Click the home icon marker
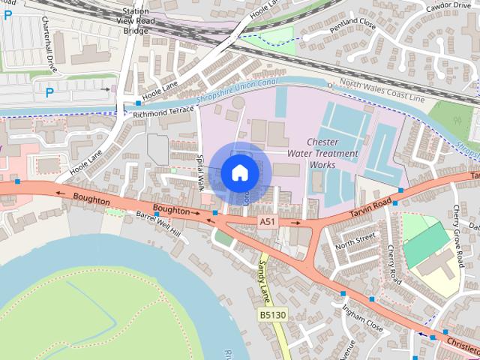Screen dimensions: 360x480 pyautogui.click(x=239, y=173)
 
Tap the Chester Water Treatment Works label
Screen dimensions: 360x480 pyautogui.click(x=333, y=153)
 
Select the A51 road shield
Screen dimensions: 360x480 pyautogui.click(x=268, y=222)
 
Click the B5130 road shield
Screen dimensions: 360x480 pyautogui.click(x=273, y=316)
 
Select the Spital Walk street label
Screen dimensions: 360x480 pyautogui.click(x=200, y=172)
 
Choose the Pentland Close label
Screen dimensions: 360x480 pyautogui.click(x=335, y=34)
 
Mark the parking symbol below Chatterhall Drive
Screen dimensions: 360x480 pyautogui.click(x=49, y=93)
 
